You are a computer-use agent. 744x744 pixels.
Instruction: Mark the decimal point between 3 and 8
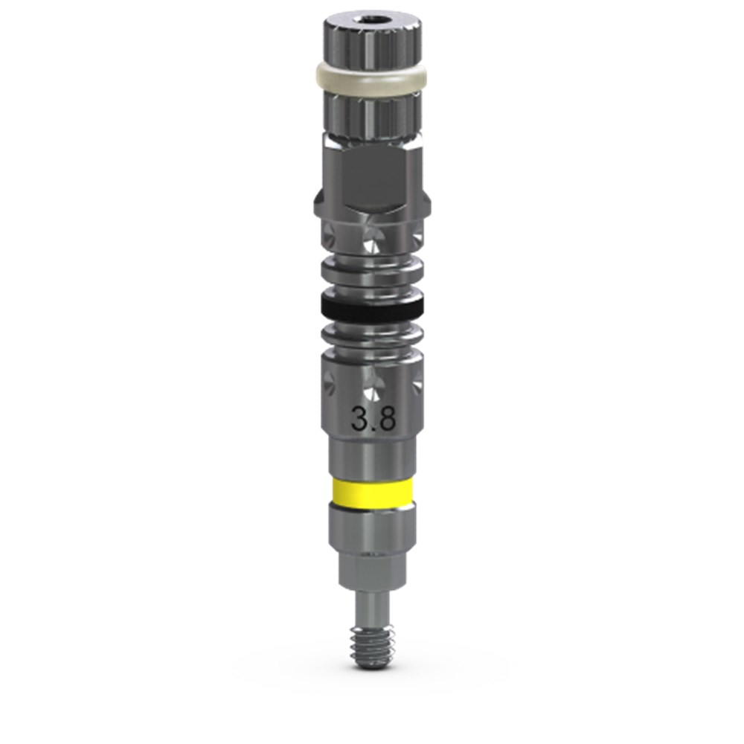click(x=373, y=429)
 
